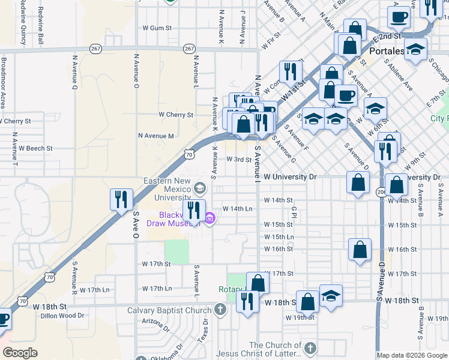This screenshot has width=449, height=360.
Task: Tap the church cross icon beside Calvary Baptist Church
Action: coord(220,311)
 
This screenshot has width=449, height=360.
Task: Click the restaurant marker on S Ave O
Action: coord(122,200)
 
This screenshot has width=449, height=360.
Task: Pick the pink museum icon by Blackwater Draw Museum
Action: coord(209,220)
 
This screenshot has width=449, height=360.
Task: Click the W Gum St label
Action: coord(157,28)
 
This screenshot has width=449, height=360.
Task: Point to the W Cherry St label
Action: coord(176,114)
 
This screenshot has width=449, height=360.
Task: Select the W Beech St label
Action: coord(35,148)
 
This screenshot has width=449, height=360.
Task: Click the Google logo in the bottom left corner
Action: coord(20,353)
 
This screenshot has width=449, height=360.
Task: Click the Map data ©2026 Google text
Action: coord(412,355)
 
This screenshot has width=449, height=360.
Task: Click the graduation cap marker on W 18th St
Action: coord(331,296)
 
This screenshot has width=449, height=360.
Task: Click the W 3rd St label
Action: coord(238,159)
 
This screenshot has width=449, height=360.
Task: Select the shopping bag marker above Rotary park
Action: coord(258,283)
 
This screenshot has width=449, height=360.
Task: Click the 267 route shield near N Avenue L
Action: coord(190,49)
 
